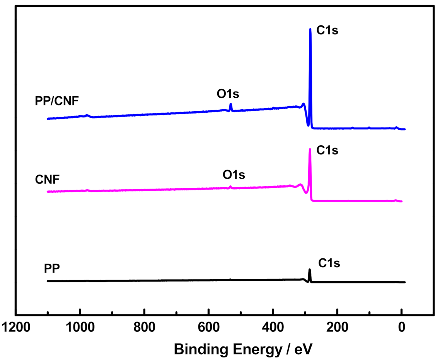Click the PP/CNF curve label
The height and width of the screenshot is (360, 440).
click(56, 102)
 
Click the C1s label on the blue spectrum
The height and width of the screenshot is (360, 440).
click(327, 31)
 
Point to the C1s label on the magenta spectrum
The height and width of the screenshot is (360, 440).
click(327, 150)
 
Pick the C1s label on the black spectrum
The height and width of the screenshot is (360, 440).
click(329, 263)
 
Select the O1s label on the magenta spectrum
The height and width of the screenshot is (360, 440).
click(234, 175)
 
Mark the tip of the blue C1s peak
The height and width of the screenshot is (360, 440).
click(310, 29)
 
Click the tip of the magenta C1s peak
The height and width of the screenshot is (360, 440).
click(310, 149)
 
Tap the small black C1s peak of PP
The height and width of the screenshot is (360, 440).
click(309, 270)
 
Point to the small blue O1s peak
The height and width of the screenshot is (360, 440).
click(231, 104)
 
